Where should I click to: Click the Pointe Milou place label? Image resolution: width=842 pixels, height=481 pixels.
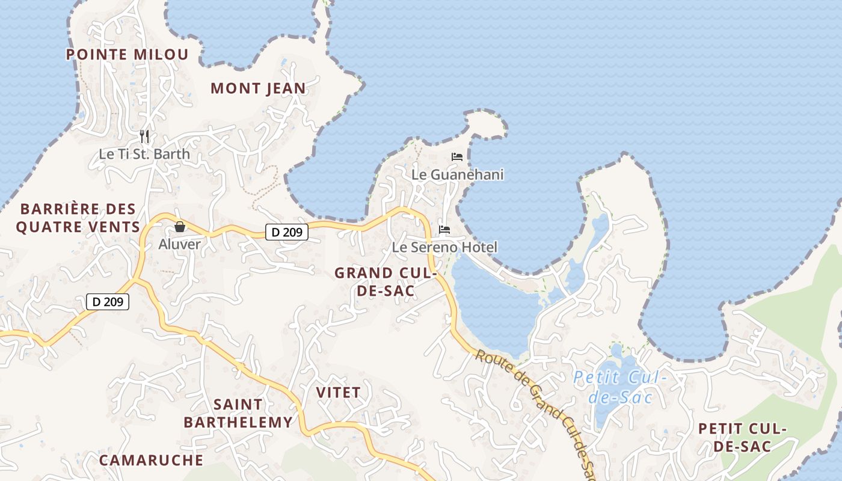pyautogui.click(x=127, y=55)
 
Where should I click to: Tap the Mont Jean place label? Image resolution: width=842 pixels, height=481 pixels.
pyautogui.click(x=258, y=89)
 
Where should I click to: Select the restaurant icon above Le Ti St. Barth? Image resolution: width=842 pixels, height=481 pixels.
pyautogui.click(x=144, y=136)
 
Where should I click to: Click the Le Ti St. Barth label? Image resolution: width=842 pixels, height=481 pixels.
pyautogui.click(x=144, y=154)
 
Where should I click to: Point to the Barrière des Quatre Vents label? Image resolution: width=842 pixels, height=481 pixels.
pyautogui.click(x=78, y=218)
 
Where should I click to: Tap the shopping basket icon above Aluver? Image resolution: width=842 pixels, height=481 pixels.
pyautogui.click(x=179, y=227)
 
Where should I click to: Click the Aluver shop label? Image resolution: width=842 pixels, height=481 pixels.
pyautogui.click(x=179, y=244)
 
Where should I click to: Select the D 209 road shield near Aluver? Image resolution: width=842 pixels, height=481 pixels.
pyautogui.click(x=287, y=231)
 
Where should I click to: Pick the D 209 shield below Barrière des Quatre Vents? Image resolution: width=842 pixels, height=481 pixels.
pyautogui.click(x=108, y=302)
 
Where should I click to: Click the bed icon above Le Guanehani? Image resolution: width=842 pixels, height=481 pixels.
pyautogui.click(x=457, y=157)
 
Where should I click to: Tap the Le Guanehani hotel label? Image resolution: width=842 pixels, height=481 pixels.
pyautogui.click(x=457, y=175)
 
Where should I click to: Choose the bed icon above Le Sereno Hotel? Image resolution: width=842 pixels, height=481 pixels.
pyautogui.click(x=444, y=230)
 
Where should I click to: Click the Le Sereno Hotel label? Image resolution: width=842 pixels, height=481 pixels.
pyautogui.click(x=444, y=247)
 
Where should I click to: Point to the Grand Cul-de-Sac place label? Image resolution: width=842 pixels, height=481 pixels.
pyautogui.click(x=385, y=282)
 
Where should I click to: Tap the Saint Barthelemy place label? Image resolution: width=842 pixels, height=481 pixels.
pyautogui.click(x=238, y=414)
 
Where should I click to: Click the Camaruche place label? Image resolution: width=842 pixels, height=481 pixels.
pyautogui.click(x=151, y=461)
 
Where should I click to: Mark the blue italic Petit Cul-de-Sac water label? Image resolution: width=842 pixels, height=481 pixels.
pyautogui.click(x=619, y=387)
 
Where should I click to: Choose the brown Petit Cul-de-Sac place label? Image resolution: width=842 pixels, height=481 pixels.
pyautogui.click(x=742, y=438)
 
